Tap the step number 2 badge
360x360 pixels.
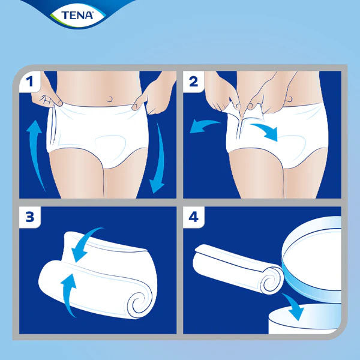point(193,82)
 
